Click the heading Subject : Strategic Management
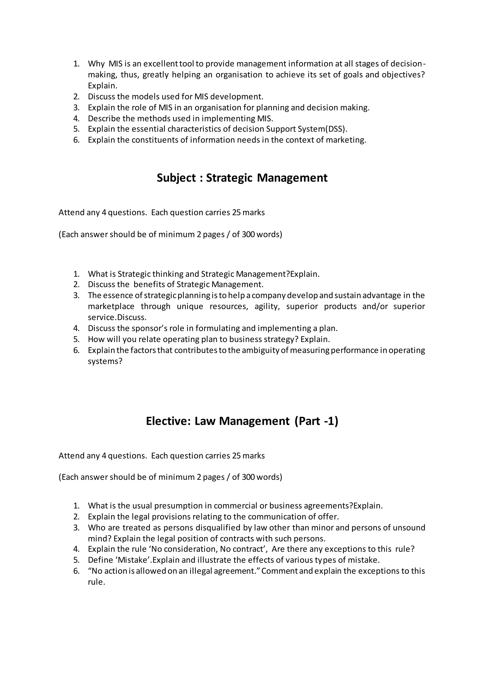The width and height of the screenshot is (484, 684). click(x=242, y=178)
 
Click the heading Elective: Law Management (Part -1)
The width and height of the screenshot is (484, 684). click(x=242, y=421)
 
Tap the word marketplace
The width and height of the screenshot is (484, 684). click(x=111, y=306)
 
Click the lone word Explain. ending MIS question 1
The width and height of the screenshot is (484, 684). click(x=103, y=86)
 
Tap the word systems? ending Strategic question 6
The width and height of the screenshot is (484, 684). click(x=105, y=361)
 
